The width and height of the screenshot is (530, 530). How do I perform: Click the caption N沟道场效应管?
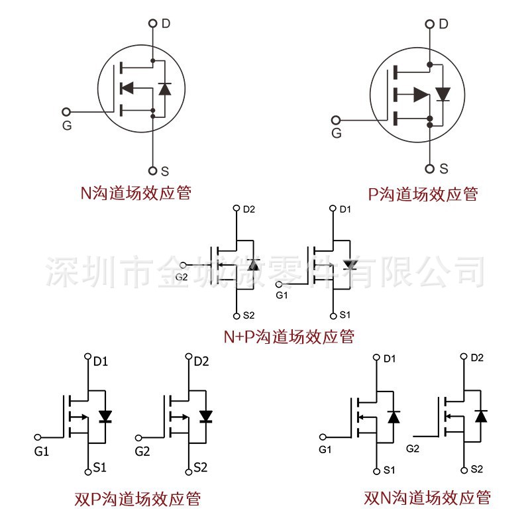[x=136, y=193]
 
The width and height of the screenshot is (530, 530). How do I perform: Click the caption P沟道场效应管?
[x=423, y=194]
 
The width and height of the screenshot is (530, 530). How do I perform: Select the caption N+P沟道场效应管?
[x=288, y=337]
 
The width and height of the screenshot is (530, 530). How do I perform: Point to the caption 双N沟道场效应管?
[x=427, y=497]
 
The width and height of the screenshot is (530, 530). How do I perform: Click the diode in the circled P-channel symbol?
[x=442, y=94]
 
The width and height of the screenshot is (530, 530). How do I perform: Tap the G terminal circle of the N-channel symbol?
[x=66, y=111]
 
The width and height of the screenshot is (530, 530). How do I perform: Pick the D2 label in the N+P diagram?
[x=249, y=209]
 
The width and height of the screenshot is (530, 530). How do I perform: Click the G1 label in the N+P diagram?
[x=282, y=294]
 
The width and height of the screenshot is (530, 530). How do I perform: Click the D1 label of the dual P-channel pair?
[x=101, y=362]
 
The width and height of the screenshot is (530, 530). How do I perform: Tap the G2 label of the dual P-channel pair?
[x=142, y=452]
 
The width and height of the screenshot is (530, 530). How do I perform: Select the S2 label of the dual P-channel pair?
[x=201, y=468]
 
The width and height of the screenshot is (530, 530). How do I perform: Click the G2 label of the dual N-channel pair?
[x=413, y=449]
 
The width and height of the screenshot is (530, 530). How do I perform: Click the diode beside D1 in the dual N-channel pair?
[x=394, y=417]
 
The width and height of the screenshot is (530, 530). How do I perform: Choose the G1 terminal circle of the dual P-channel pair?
[x=38, y=438]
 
